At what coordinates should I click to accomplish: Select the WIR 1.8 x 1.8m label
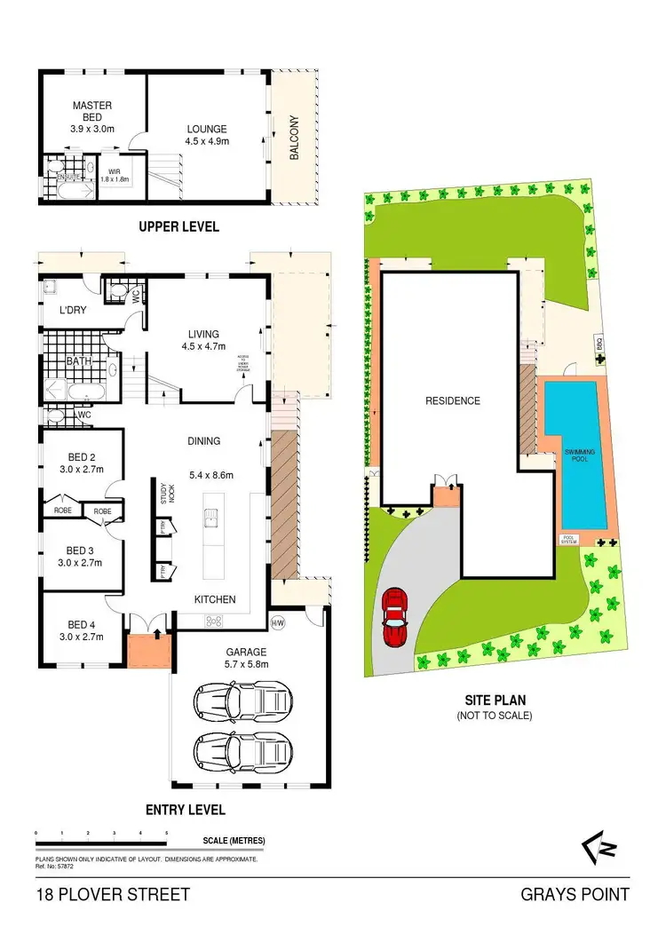tap(115, 174)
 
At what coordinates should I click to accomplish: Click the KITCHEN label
tap(215, 599)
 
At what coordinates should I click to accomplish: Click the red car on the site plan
tap(393, 619)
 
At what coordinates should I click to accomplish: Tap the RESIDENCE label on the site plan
tap(453, 400)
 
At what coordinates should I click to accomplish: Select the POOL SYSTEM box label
tap(569, 539)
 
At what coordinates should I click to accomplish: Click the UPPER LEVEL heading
tap(178, 226)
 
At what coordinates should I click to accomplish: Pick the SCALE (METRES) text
tap(234, 840)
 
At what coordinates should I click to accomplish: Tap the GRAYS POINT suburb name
tap(575, 895)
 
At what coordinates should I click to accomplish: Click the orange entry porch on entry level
tap(142, 652)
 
